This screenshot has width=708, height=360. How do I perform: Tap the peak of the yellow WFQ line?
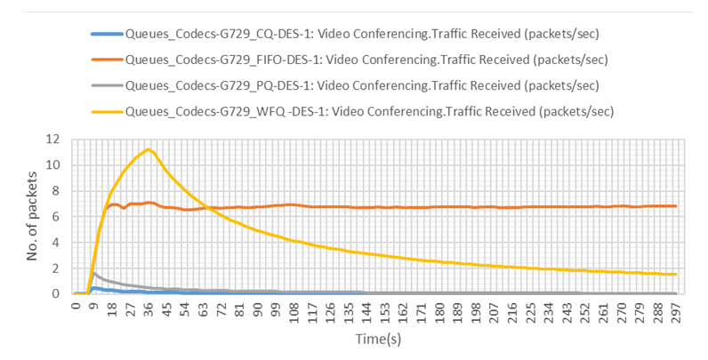[x=149, y=148]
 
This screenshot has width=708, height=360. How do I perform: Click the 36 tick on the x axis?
[x=149, y=309]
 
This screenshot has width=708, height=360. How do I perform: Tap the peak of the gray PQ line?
[x=94, y=272]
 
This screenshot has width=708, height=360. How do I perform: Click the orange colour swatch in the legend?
[x=107, y=60]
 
